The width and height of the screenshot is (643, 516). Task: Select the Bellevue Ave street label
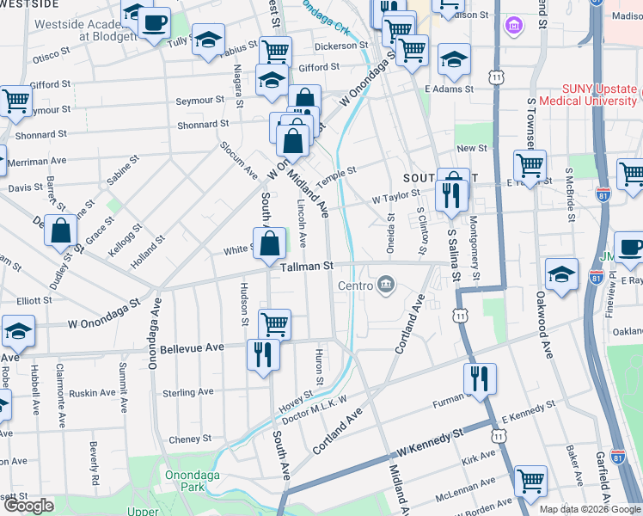click(192, 347)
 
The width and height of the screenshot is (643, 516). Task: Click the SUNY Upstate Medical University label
click(586, 95)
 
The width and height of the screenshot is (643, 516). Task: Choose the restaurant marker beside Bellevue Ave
click(263, 354)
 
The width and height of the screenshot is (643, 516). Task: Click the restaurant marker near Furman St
click(480, 378)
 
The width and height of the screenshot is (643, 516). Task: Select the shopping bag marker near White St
click(270, 243)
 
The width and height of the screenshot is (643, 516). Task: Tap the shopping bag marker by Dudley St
click(60, 231)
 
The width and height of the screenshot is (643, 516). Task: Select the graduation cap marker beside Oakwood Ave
click(561, 274)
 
